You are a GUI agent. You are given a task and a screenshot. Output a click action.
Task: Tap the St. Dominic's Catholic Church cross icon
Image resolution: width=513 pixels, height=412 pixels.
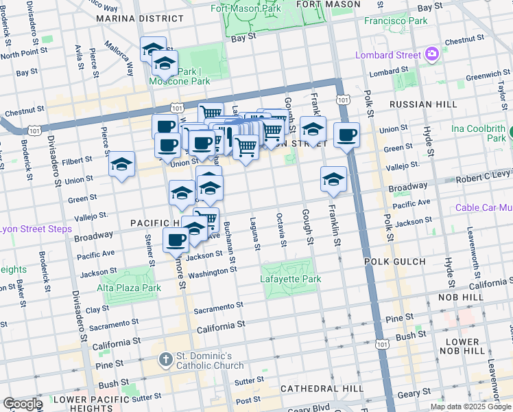(165, 359)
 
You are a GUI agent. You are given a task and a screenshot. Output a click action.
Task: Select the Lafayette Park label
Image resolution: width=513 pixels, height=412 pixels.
(291, 279)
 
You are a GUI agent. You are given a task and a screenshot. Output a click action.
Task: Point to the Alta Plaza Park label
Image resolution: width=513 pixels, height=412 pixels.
(128, 288)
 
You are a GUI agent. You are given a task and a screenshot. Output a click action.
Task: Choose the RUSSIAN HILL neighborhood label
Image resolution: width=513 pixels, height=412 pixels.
(422, 104)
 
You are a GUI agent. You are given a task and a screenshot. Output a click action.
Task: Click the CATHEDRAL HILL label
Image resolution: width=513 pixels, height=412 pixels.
(322, 389)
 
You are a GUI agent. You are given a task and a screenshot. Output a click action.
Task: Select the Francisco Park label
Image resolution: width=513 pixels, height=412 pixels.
(396, 21)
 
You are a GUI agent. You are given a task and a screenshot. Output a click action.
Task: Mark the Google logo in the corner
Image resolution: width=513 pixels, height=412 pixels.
(22, 404)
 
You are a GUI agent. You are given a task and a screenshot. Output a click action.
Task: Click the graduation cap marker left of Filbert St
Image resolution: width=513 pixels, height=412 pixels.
(121, 164)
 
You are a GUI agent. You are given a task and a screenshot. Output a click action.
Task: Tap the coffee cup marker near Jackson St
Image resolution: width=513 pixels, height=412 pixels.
(176, 240)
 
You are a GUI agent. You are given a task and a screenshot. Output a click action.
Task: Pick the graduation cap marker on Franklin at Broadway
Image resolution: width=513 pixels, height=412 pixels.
(333, 179)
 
